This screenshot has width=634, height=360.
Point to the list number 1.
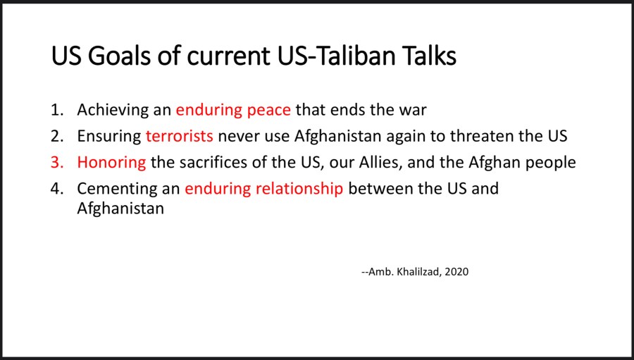tap(57, 110)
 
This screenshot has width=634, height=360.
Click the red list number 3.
tap(57, 163)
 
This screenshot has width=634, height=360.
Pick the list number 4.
tap(57, 189)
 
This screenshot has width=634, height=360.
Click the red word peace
tap(269, 111)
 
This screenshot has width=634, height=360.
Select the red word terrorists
tap(180, 136)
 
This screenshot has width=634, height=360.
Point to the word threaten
tap(483, 136)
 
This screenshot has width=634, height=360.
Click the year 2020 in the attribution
tap(456, 272)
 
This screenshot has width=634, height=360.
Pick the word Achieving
tap(113, 111)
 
